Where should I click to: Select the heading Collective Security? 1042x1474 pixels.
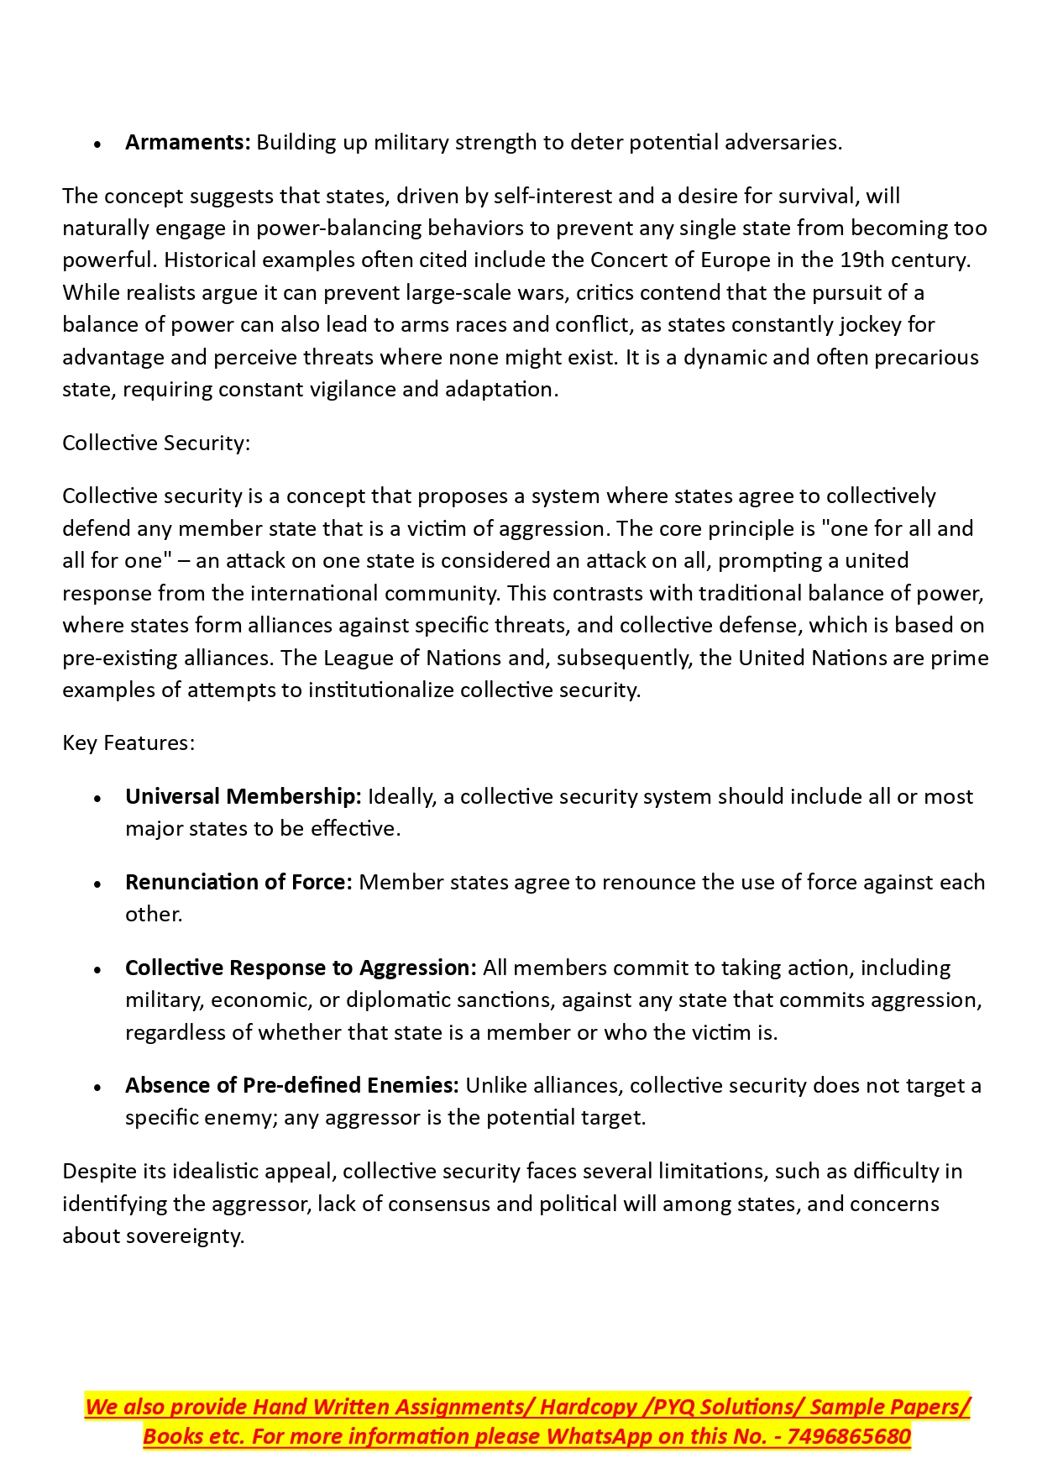pos(156,443)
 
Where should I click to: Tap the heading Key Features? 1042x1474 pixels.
pos(128,743)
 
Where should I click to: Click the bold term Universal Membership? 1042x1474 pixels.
pos(243,797)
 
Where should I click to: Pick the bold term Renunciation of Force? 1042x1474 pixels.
pos(238,883)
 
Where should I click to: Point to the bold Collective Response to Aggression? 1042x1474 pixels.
pos(301,968)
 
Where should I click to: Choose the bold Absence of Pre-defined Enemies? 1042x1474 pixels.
pos(292,1086)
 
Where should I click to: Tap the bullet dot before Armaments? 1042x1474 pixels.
pos(98,144)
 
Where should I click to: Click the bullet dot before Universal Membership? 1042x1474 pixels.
pos(98,799)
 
